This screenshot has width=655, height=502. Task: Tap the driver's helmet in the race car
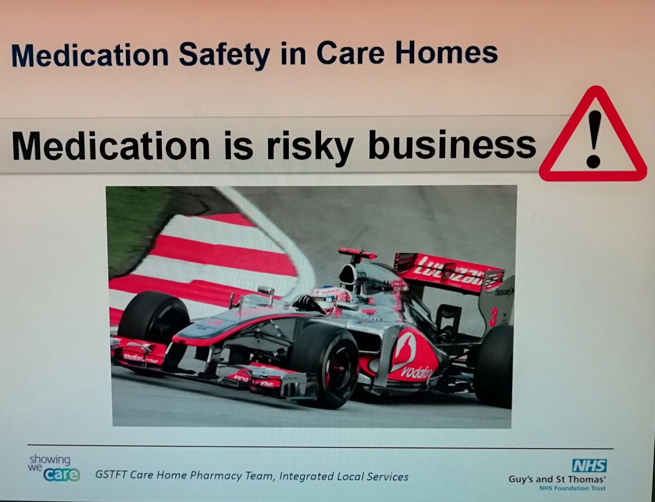pos(331,296)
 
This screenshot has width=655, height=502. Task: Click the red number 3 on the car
pos(493,316)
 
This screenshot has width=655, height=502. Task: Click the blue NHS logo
pos(589,465)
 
